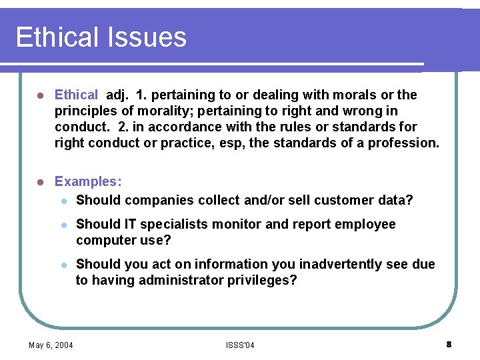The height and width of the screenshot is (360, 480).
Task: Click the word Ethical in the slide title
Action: tap(56, 37)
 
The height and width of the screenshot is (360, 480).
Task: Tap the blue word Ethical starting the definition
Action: tap(76, 95)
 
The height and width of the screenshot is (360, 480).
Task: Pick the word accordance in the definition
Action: tap(189, 127)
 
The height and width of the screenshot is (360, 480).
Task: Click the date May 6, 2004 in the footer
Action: tap(51, 345)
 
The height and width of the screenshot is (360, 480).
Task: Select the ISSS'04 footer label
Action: tap(240, 345)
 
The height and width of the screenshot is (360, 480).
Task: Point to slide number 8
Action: tap(449, 344)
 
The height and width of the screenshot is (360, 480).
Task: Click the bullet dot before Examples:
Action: tap(40, 181)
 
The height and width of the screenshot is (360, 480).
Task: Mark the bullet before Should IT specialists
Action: tap(63, 225)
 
